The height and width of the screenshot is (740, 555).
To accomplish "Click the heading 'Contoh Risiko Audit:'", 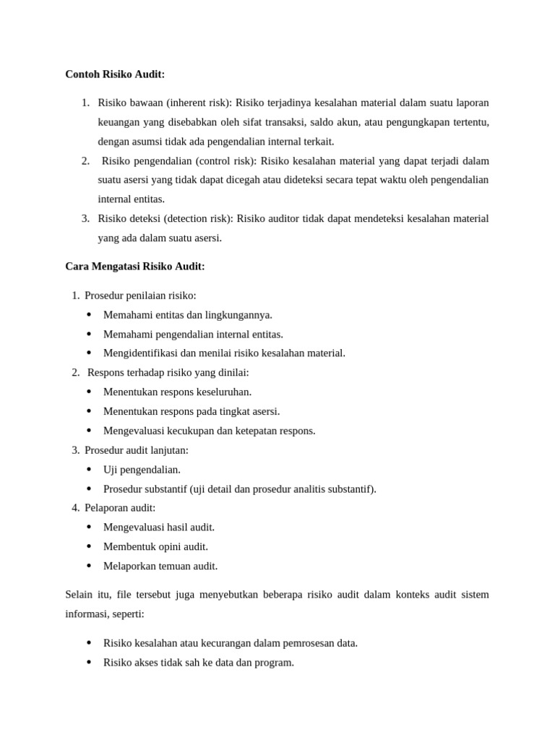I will pos(115,74).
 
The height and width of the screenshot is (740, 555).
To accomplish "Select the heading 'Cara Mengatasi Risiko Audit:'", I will pos(135,267).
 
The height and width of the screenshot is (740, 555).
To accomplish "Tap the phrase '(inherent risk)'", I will pos(193,103).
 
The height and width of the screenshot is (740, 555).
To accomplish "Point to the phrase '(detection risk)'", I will pos(198,218).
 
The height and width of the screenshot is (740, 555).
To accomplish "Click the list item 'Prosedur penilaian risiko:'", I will pos(140,296).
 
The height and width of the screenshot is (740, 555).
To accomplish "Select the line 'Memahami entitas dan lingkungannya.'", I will pos(188,315).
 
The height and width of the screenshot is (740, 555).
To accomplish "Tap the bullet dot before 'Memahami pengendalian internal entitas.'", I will pos(89,334).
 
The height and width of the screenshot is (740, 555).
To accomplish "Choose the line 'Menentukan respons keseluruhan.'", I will pos(177,392).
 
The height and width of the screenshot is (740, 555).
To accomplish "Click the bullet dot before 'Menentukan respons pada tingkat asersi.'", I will pos(89,411).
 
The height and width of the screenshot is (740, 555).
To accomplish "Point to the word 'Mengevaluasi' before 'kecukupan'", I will pos(133,431).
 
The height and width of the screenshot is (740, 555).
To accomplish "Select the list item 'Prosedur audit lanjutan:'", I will pos(137,450).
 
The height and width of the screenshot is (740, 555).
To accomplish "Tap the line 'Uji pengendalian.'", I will pos(142,470).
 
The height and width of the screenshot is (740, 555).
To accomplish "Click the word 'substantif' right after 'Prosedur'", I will pos(166,489).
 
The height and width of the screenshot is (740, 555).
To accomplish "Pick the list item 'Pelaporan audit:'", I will pos(120,508).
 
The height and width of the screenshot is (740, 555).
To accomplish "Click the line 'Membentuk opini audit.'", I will pos(155,547).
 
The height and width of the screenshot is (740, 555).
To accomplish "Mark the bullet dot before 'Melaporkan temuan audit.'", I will pos(89,566).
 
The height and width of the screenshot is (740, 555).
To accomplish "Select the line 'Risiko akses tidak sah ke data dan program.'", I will pos(199,663).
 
